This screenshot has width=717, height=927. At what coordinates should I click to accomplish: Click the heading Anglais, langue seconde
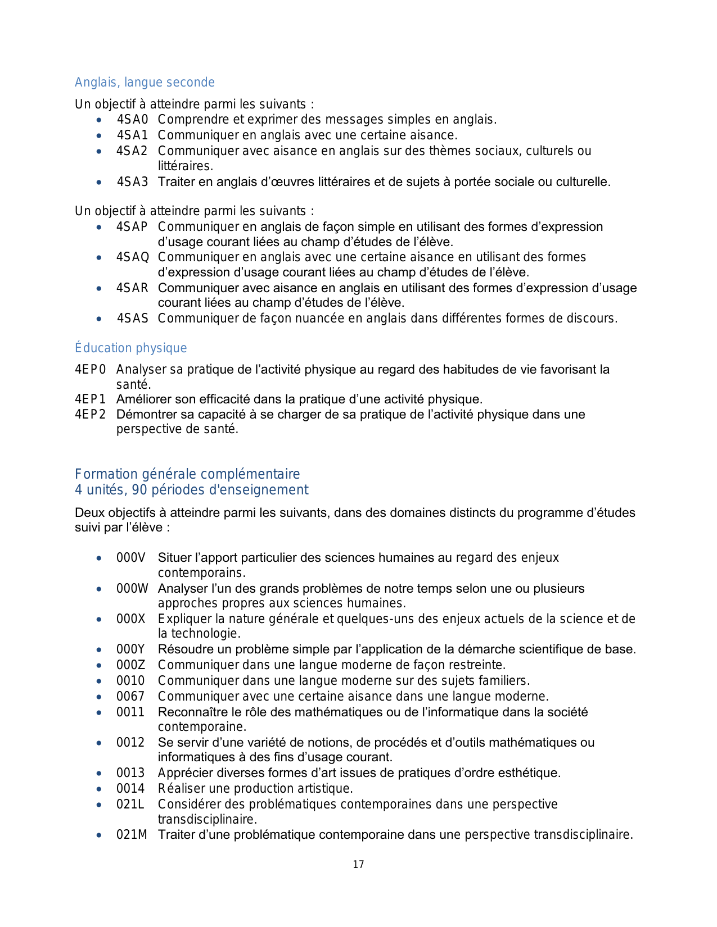(x=145, y=83)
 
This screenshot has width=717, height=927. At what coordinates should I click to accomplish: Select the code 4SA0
(x=132, y=120)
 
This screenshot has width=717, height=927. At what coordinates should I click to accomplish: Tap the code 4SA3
(x=132, y=182)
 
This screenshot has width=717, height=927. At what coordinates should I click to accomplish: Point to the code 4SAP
(x=132, y=227)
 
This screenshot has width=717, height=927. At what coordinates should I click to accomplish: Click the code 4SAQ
(x=133, y=257)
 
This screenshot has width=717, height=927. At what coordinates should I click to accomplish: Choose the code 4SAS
(x=132, y=319)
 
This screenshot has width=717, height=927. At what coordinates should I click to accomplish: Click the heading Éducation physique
(x=130, y=348)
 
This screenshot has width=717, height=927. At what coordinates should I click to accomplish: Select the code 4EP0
(x=91, y=370)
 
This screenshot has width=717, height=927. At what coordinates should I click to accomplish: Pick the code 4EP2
(x=91, y=415)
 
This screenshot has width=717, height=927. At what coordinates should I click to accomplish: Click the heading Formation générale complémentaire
(x=187, y=474)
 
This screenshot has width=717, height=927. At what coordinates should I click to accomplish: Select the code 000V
(x=130, y=558)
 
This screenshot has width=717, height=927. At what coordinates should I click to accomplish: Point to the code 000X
(x=130, y=619)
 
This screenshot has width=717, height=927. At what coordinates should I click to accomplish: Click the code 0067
(x=130, y=697)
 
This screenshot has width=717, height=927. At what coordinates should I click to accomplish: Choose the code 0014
(x=130, y=789)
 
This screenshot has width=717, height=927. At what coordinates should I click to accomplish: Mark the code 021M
(x=132, y=835)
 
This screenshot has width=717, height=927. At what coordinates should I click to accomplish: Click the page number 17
(x=358, y=865)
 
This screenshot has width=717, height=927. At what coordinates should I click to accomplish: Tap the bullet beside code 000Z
(x=99, y=666)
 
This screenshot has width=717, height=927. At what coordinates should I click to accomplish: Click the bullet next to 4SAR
(x=99, y=289)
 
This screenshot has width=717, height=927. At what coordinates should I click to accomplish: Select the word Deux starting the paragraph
(x=89, y=513)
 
